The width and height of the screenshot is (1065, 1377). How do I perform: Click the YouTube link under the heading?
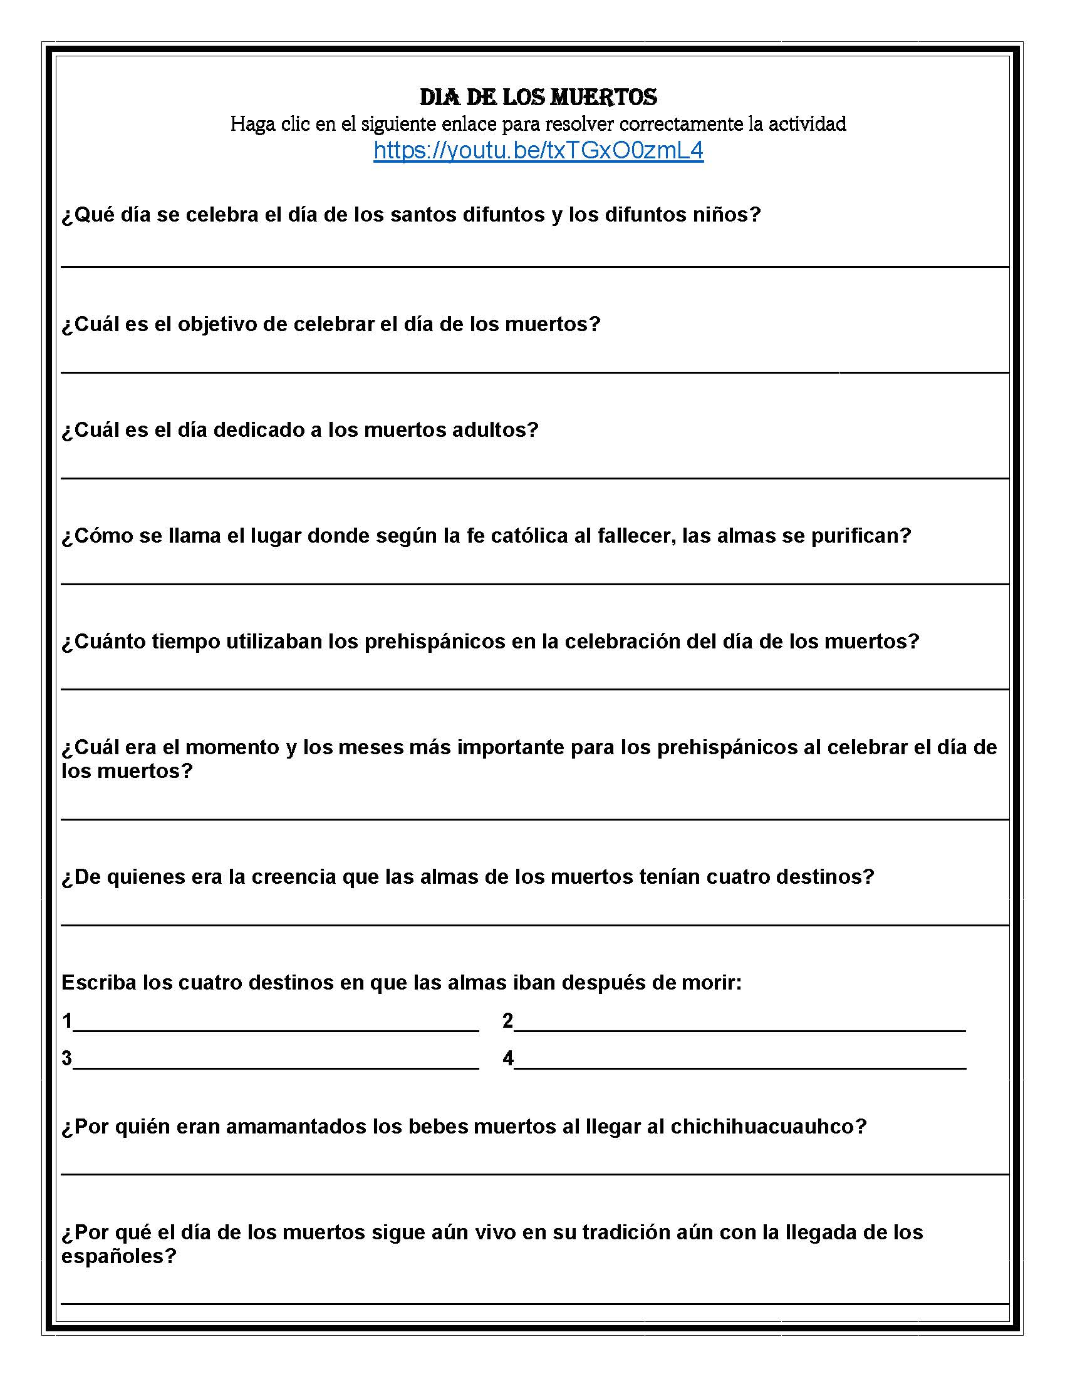point(538,151)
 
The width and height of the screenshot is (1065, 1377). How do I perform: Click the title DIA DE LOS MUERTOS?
point(538,97)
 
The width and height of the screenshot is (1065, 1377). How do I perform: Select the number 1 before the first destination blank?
point(67,1020)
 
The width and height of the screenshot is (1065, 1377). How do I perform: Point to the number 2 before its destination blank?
point(507,1020)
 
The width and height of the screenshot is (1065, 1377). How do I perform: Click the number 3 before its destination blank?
point(67,1058)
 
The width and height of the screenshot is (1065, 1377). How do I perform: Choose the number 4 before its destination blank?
point(508,1058)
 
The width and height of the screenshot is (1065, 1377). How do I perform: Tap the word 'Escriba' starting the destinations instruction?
point(98,982)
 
